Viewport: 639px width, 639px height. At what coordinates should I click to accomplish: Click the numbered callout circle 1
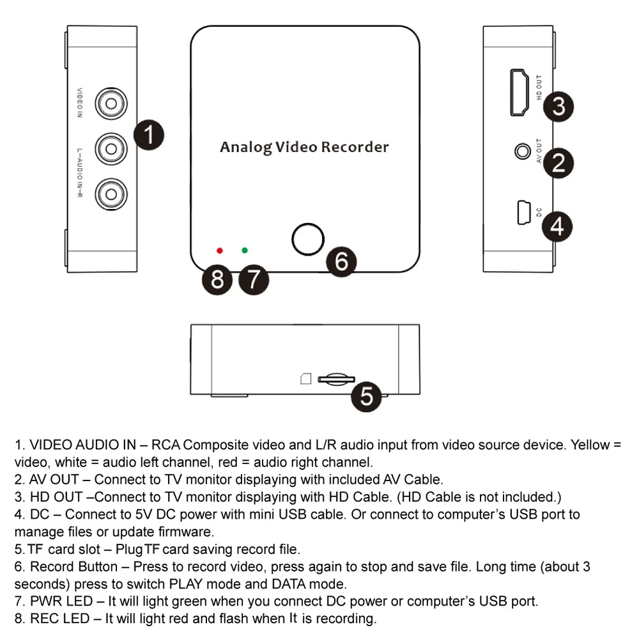click(149, 135)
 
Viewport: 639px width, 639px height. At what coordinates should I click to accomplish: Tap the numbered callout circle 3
click(558, 106)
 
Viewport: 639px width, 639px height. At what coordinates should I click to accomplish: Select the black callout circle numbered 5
click(366, 396)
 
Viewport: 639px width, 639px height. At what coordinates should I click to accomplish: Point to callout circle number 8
click(217, 280)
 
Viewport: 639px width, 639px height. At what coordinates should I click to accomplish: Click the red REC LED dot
click(220, 250)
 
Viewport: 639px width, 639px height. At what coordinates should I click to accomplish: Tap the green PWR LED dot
click(245, 250)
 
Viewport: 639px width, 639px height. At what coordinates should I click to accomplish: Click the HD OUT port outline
click(519, 92)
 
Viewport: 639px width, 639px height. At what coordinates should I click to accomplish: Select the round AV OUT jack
click(523, 151)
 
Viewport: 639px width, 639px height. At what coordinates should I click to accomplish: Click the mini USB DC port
click(524, 212)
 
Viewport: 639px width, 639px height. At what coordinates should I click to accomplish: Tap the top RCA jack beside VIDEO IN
click(111, 104)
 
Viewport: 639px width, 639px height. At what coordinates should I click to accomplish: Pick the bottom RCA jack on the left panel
click(111, 194)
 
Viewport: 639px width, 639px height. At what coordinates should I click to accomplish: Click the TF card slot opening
click(336, 380)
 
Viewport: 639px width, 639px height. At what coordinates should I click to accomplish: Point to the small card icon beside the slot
click(305, 378)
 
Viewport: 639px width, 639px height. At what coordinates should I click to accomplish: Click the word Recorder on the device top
click(355, 147)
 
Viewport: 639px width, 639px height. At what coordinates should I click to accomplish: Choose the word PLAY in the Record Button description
click(186, 584)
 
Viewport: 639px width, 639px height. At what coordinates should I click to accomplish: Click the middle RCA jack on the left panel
click(111, 149)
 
